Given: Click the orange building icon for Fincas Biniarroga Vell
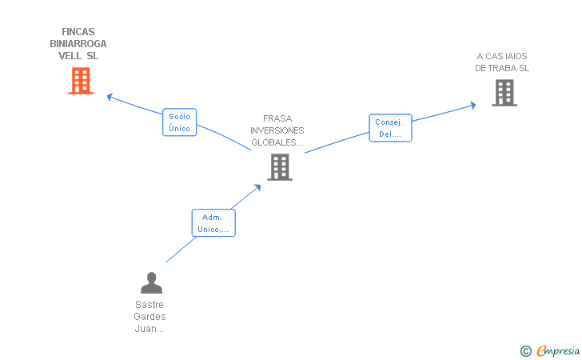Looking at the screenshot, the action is tap(81, 81).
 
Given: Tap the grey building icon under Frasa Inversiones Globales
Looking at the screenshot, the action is tap(280, 167).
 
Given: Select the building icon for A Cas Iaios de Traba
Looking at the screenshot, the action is tap(504, 93).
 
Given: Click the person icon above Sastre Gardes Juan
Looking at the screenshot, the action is tap(151, 282).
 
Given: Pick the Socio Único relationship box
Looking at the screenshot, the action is tap(180, 122).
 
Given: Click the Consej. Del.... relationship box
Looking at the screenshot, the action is tap(390, 128).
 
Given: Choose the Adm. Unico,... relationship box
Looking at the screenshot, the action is tap(213, 223).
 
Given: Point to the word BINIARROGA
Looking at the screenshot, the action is tap(78, 44).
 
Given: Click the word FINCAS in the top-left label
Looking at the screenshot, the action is tap(78, 32).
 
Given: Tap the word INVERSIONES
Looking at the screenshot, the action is tap(277, 130).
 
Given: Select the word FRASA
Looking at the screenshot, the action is tap(277, 118).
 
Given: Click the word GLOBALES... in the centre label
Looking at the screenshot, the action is tap(277, 142).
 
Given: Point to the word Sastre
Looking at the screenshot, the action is tap(149, 305).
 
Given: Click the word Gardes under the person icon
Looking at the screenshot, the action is tap(149, 317).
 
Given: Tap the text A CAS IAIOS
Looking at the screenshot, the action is tap(502, 56).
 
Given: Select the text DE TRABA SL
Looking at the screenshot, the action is tap(502, 68).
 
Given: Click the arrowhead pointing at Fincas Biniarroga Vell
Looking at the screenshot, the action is tap(110, 97).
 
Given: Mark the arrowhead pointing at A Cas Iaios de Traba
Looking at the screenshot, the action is tap(473, 105).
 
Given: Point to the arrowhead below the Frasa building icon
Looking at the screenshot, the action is tap(257, 187).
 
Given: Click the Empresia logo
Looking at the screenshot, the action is tap(550, 350).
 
